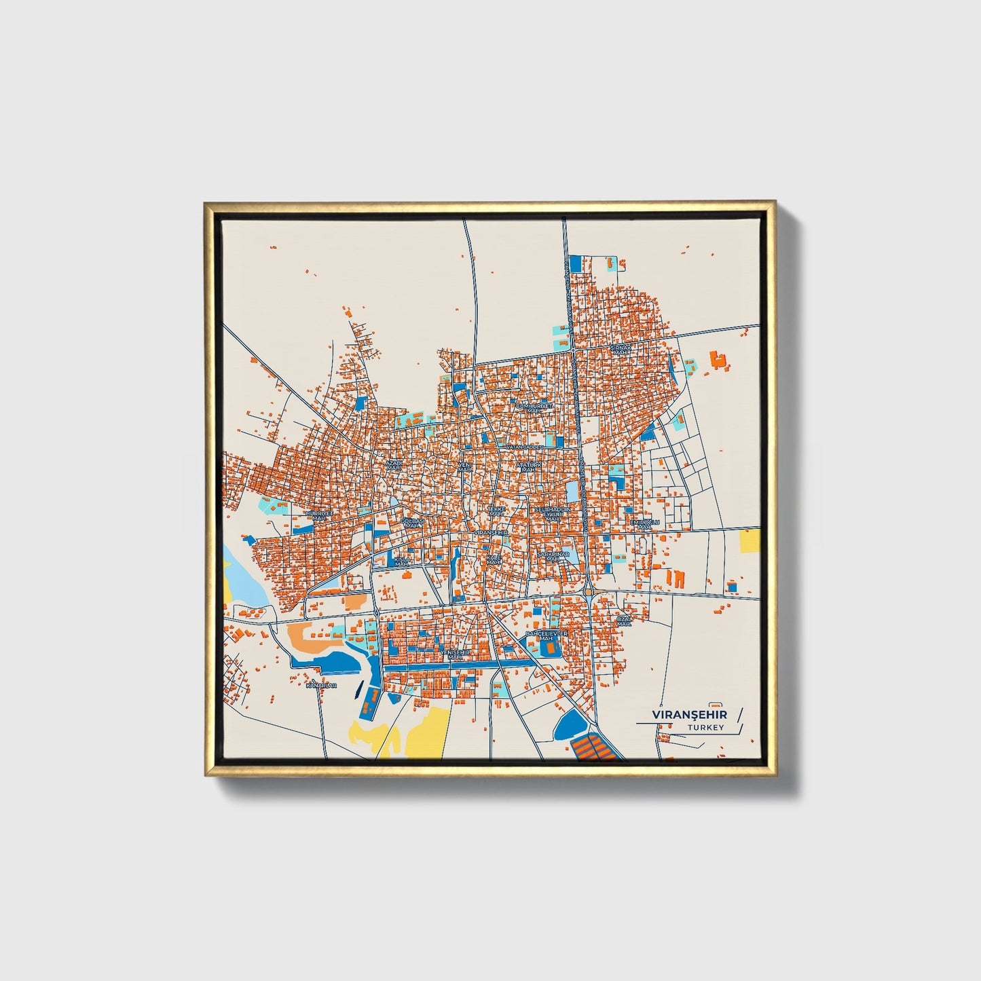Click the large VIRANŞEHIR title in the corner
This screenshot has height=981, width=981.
689,715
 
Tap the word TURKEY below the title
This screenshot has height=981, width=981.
705,728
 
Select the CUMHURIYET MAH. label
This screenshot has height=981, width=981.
534,408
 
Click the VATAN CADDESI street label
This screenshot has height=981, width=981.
524,447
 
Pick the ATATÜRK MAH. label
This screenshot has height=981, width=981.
530,467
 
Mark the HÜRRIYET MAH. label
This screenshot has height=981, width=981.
319,515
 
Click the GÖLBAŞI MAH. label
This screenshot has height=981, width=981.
412,523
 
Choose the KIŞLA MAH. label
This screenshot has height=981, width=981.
402,562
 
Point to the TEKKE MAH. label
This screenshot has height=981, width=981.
497,511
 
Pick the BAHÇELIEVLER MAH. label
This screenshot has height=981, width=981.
546,636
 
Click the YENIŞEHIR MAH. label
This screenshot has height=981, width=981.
455,654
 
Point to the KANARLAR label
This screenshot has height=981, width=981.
321,686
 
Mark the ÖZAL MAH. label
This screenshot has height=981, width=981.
623,621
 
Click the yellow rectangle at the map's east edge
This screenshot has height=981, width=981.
749,541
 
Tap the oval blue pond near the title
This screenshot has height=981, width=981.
569,727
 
